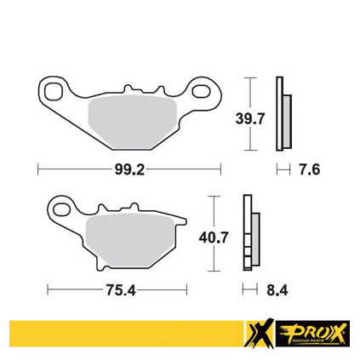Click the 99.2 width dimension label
click(x=129, y=170)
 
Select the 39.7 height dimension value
click(x=250, y=118)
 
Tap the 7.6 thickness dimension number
click(x=309, y=170)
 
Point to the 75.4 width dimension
click(x=121, y=290)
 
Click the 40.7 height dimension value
click(x=214, y=237)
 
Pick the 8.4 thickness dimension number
click(x=277, y=290)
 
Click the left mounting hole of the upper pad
click(x=54, y=91)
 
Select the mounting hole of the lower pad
click(x=61, y=210)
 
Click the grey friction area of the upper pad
click(x=133, y=122)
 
